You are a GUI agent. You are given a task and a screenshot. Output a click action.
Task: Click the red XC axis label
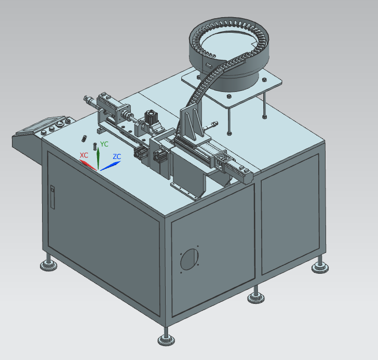click(x=84, y=155)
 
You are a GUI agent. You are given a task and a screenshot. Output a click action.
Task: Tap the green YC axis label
click(x=104, y=144)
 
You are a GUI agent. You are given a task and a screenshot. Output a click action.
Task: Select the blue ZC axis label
click(x=117, y=156)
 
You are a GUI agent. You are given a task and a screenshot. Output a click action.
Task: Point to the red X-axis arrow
click(x=88, y=165)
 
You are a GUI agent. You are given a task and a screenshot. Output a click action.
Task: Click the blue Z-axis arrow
click(x=111, y=166)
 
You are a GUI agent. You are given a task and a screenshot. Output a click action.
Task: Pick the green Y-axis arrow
click(x=98, y=158)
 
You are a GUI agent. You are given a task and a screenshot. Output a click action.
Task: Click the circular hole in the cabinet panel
click(x=190, y=259)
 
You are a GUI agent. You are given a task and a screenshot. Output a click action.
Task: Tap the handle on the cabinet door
click(x=52, y=197)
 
